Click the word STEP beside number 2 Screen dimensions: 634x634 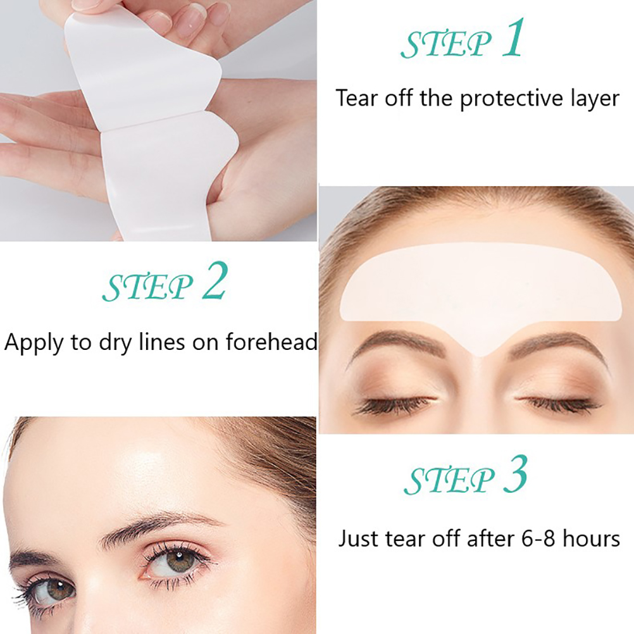pyautogui.click(x=147, y=287)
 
